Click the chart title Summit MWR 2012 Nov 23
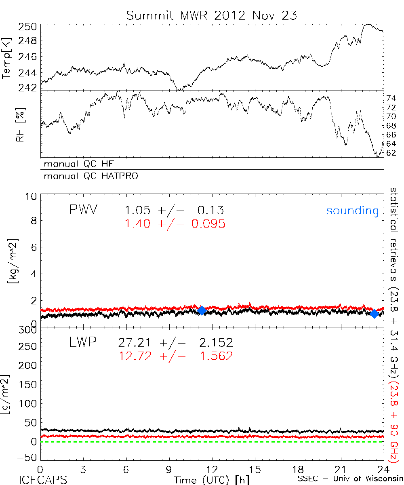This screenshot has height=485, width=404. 211,15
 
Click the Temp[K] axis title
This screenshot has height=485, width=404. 7,58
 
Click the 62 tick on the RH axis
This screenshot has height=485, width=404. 392,153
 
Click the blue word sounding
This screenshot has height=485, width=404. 352,211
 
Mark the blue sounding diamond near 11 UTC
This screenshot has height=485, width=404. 202,310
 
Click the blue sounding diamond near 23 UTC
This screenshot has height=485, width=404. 374,314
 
